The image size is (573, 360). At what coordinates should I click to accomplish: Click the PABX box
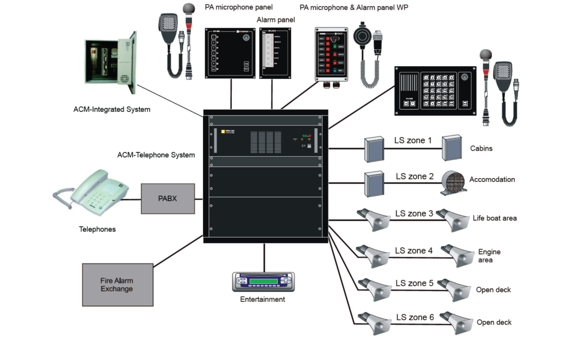point(167,198)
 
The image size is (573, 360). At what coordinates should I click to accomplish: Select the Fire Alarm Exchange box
point(117,284)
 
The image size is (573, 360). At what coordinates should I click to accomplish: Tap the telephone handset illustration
point(93,191)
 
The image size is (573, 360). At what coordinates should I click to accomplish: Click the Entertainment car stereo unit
point(264,282)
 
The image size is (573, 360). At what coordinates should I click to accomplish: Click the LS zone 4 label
point(414,250)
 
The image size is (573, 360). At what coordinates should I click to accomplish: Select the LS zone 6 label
point(415,317)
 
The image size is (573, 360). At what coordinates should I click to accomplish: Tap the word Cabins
point(481,149)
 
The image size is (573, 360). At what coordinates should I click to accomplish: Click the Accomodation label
point(492,180)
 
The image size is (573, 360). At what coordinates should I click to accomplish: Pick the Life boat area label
point(495,218)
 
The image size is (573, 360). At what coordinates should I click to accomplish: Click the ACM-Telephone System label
point(156,155)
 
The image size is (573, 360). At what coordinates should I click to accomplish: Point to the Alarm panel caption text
point(276,20)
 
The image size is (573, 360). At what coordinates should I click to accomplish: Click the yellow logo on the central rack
point(222,131)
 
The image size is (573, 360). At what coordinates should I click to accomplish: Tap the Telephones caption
point(97,229)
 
